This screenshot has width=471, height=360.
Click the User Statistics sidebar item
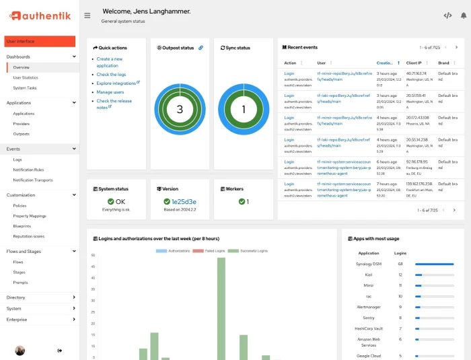[26, 77]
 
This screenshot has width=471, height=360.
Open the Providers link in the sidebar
[21, 124]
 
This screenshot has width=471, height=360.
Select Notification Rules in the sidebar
[28, 170]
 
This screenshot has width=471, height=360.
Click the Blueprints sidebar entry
[22, 226]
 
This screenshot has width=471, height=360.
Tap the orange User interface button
[40, 42]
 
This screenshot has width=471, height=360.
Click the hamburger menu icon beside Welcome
[87, 15]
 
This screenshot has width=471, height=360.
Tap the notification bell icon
[463, 15]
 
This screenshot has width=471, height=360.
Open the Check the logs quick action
[112, 75]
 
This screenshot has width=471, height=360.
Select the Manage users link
[110, 92]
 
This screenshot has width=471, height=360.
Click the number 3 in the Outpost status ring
[180, 110]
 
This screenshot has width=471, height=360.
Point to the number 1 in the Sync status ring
[244, 110]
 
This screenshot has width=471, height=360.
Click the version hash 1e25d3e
[184, 201]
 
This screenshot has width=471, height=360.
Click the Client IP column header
[414, 63]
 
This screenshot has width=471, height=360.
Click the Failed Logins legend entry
[209, 251]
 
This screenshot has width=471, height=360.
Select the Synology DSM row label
[369, 264]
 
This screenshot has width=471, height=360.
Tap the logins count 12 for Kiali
[400, 275]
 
